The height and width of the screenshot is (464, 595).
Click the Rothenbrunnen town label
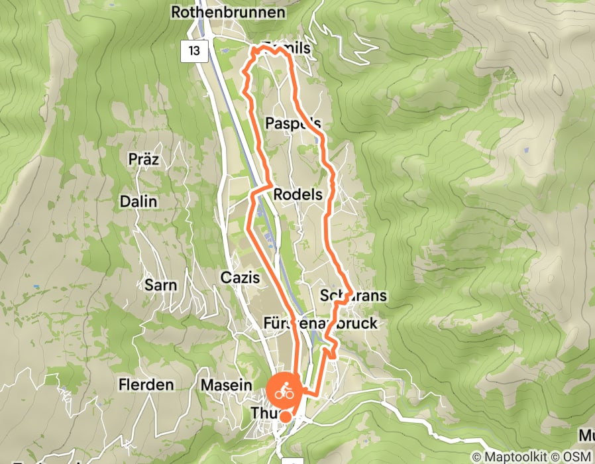point(228,12)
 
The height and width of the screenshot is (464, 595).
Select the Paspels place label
point(293,123)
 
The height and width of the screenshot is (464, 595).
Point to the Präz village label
point(144,159)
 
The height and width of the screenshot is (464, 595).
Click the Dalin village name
point(138,202)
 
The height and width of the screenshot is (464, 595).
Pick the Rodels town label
point(297,195)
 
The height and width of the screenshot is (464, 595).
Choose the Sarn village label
point(160,286)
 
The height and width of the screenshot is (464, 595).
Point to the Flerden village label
point(146,384)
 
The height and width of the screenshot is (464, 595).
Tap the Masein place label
point(227,385)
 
